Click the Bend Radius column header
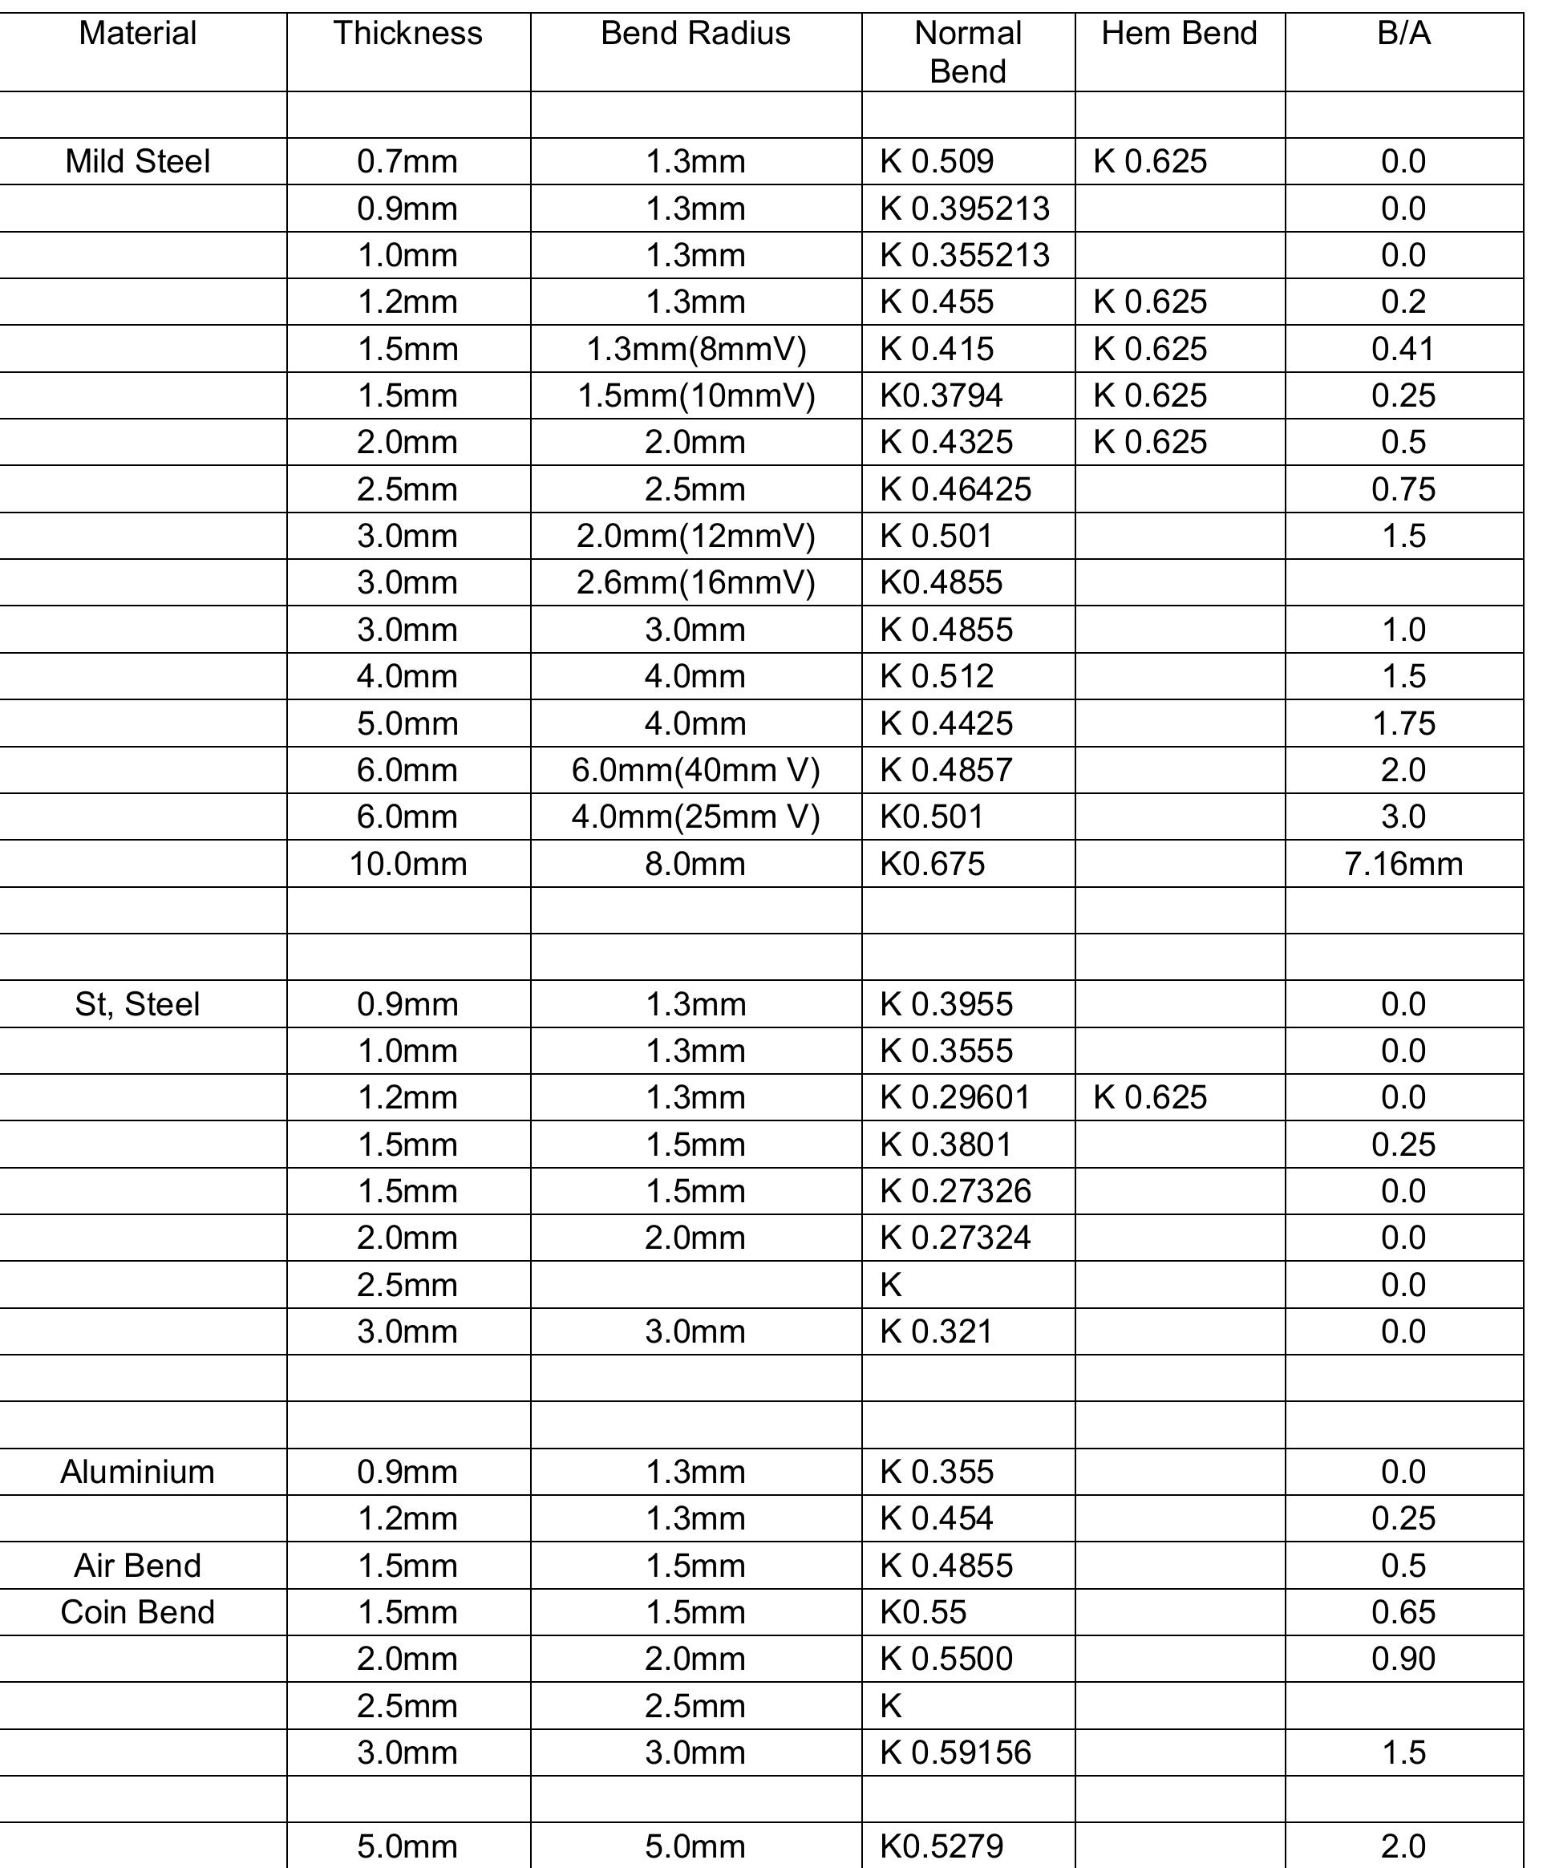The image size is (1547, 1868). tap(695, 34)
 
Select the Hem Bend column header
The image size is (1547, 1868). tap(1179, 34)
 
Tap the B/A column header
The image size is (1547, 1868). tap(1403, 34)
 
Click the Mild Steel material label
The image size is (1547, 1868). tap(138, 162)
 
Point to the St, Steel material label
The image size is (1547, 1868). tap(138, 1004)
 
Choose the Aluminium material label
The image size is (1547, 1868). tap(138, 1472)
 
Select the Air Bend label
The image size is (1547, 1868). tap(138, 1566)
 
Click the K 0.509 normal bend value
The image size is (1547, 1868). tap(937, 162)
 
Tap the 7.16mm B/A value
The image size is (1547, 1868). tap(1403, 864)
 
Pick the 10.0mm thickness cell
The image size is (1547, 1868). tap(407, 864)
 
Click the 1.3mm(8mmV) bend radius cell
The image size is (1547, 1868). tap(695, 349)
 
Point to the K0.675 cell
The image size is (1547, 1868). tap(933, 864)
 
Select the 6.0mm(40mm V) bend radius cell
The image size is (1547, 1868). tap(695, 770)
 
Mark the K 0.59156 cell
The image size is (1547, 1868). tap(954, 1753)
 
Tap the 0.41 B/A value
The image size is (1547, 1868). tap(1403, 349)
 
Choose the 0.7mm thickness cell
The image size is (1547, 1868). tap(407, 162)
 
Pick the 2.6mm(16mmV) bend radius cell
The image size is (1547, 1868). tap(695, 582)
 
